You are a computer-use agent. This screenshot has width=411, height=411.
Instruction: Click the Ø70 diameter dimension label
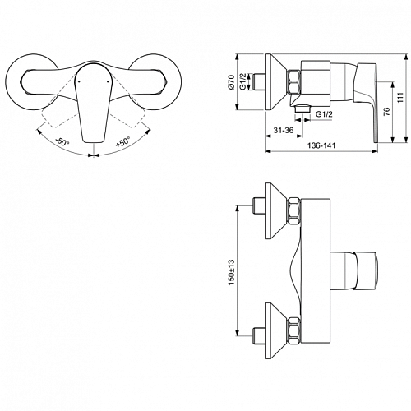tap(232, 82)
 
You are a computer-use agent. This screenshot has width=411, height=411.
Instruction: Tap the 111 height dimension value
tap(401, 97)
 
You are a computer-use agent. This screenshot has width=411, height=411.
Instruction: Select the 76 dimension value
tap(386, 111)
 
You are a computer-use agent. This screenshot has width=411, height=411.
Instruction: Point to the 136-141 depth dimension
tap(321, 145)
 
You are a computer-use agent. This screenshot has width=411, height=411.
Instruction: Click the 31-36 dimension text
tap(284, 130)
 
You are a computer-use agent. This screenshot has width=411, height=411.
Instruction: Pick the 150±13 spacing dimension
tap(232, 272)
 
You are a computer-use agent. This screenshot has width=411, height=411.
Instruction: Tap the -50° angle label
tap(62, 142)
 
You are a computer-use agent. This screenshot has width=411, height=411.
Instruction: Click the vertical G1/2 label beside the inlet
tap(242, 82)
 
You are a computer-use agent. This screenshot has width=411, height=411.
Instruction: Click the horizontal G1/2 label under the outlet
tap(324, 114)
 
